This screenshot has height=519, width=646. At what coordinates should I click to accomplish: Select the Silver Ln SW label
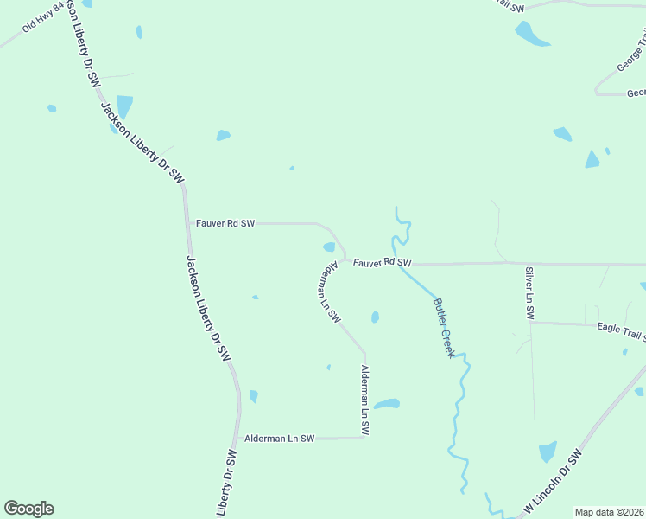pyautogui.click(x=529, y=291)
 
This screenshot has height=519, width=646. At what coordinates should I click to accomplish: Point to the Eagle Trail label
pyautogui.click(x=621, y=328)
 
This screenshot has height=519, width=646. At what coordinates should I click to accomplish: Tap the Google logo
pyautogui.click(x=28, y=509)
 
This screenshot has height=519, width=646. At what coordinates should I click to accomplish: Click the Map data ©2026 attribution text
pyautogui.click(x=610, y=512)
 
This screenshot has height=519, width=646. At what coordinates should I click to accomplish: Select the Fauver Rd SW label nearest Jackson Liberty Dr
pyautogui.click(x=225, y=223)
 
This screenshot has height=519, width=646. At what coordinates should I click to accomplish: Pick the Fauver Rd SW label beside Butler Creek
pyautogui.click(x=382, y=261)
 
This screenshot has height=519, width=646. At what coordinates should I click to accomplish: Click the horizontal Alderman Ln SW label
pyautogui.click(x=279, y=439)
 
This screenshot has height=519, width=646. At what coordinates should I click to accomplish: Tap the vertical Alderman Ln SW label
pyautogui.click(x=365, y=400)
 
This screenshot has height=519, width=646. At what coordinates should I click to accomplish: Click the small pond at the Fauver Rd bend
pyautogui.click(x=329, y=247)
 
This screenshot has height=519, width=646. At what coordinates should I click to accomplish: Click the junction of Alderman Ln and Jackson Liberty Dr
pyautogui.click(x=237, y=439)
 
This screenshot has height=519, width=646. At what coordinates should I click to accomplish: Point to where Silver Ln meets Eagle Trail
pyautogui.click(x=530, y=323)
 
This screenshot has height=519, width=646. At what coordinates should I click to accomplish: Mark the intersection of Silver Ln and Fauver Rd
pyautogui.click(x=529, y=263)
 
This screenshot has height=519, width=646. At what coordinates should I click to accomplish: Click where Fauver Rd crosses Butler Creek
pyautogui.click(x=401, y=263)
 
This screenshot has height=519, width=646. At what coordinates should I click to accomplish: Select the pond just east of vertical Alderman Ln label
pyautogui.click(x=386, y=404)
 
